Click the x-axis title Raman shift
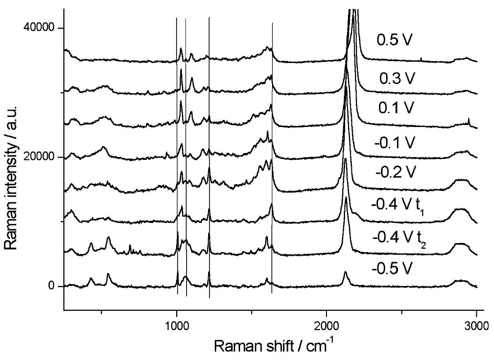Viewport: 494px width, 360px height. (x=271, y=345)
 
